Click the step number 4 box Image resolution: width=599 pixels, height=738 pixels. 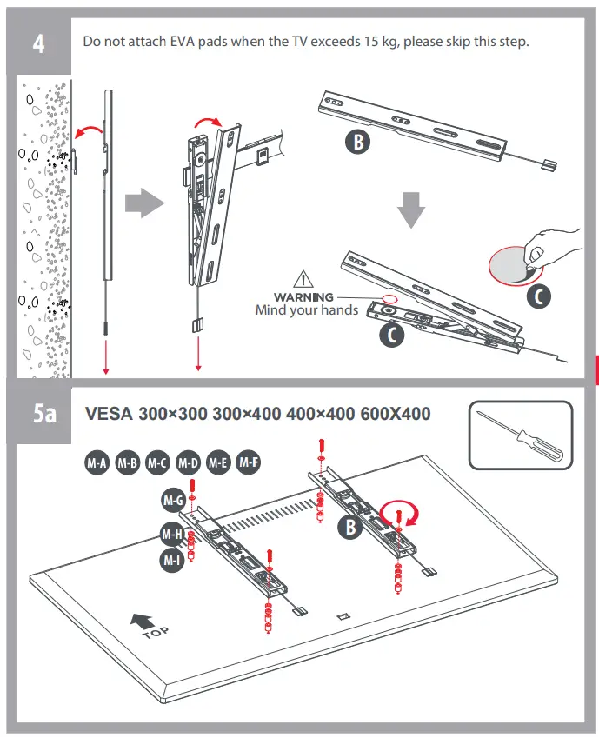pyautogui.click(x=39, y=44)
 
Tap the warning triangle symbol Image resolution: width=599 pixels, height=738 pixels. pyautogui.click(x=303, y=280)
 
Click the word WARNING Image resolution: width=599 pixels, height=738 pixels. pyautogui.click(x=303, y=297)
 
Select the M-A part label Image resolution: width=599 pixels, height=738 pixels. pyautogui.click(x=97, y=463)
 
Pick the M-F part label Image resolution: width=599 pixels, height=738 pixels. pyautogui.click(x=250, y=462)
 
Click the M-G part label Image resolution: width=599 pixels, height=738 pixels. pyautogui.click(x=172, y=501)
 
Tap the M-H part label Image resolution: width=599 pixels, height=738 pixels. pyautogui.click(x=170, y=533)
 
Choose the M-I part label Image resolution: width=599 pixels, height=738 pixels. pyautogui.click(x=171, y=561)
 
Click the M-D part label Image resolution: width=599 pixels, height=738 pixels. pyautogui.click(x=188, y=463)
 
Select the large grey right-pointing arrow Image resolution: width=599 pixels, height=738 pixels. pyautogui.click(x=144, y=205)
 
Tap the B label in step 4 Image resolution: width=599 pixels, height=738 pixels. pyautogui.click(x=357, y=143)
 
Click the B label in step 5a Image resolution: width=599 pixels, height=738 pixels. pyautogui.click(x=350, y=525)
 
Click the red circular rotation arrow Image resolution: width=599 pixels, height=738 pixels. pyautogui.click(x=403, y=511)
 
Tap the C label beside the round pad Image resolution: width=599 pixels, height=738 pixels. pyautogui.click(x=539, y=296)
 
